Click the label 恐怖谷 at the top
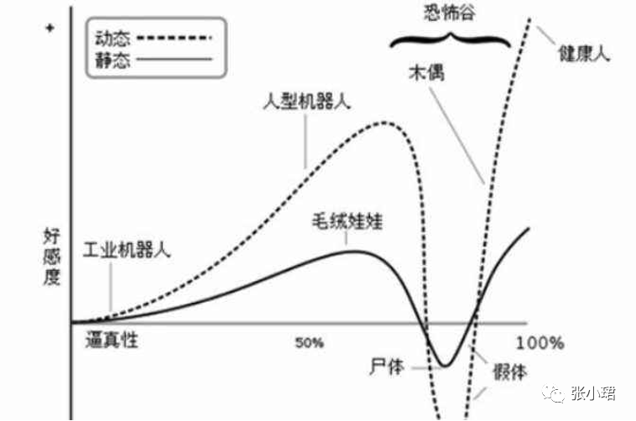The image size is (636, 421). tap(450, 12)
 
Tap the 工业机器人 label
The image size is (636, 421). tap(128, 251)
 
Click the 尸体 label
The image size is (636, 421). tap(387, 367)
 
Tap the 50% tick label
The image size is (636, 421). tap(310, 343)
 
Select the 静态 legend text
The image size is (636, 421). tap(113, 60)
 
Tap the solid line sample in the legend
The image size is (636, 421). tap(174, 60)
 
